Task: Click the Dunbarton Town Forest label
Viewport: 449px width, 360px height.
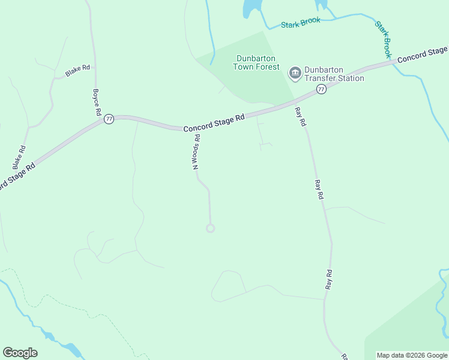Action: click(256, 62)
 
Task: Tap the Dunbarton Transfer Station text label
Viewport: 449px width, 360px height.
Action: click(334, 74)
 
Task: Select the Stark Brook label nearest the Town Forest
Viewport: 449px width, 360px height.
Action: click(301, 23)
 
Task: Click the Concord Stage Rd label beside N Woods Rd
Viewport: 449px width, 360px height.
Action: click(214, 124)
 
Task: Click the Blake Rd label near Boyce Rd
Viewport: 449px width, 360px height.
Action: click(77, 71)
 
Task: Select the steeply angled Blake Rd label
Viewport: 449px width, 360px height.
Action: click(19, 157)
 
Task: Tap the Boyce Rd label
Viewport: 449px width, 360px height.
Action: click(96, 103)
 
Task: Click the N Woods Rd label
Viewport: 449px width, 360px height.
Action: click(196, 152)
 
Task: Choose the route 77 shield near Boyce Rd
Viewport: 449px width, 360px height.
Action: click(109, 119)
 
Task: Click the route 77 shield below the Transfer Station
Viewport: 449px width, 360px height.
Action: click(321, 89)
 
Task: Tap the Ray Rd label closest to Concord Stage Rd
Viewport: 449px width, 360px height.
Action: click(301, 116)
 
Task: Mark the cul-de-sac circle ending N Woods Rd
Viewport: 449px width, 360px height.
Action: click(210, 228)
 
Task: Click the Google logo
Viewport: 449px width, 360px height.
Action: click(20, 353)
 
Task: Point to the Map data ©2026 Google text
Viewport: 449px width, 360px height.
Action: click(412, 355)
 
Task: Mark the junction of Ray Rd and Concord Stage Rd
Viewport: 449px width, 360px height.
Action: click(292, 103)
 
